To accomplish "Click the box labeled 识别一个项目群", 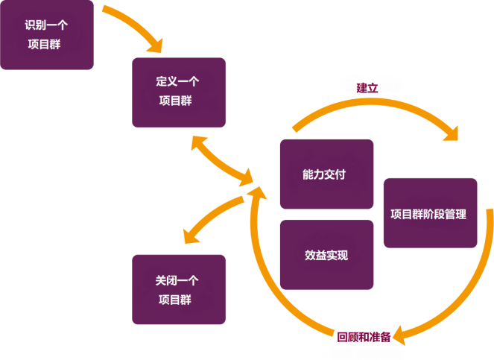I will click(47, 35).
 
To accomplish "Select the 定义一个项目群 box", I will click(178, 92).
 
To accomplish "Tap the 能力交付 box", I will click(326, 174).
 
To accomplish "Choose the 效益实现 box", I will click(326, 255).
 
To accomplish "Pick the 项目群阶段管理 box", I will click(430, 213).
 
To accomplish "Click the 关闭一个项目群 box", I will click(178, 289).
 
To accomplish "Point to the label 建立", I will click(367, 87).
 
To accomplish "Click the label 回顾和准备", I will click(364, 337).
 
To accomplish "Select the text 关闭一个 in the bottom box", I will click(177, 280).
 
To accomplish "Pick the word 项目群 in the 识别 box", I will click(46, 44).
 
